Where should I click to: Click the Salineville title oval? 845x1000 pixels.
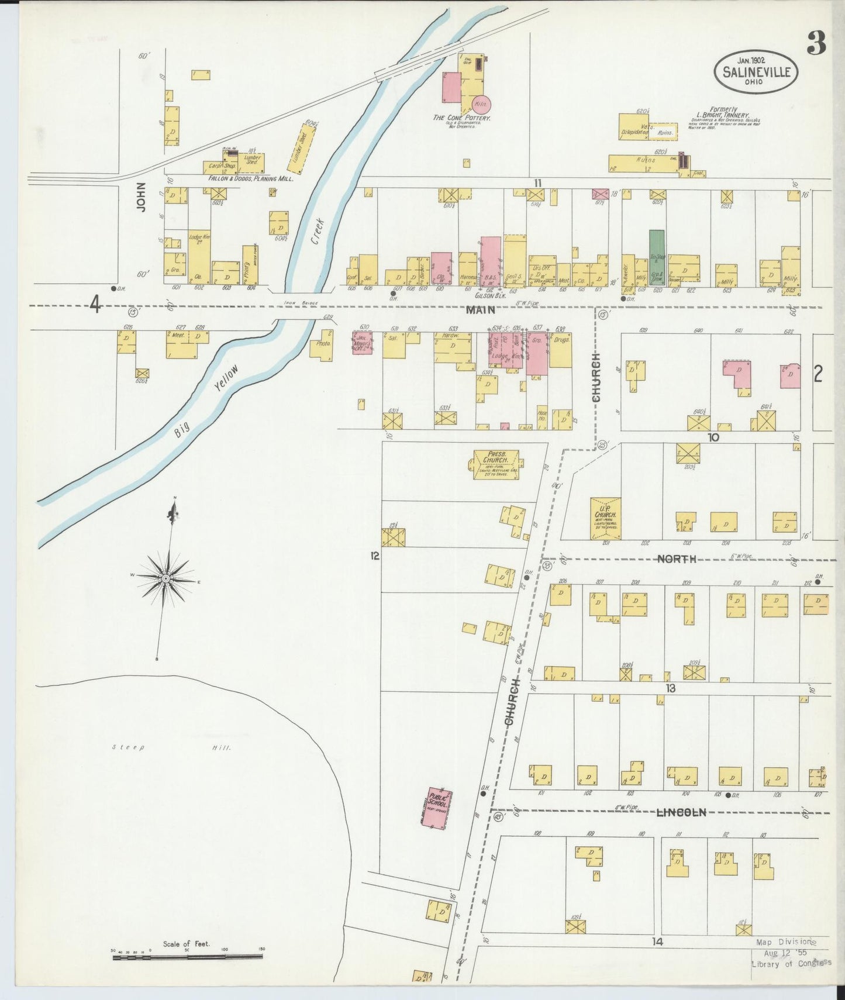pyautogui.click(x=756, y=70)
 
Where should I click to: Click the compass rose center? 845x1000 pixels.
pyautogui.click(x=166, y=578)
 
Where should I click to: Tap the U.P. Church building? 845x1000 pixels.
pyautogui.click(x=605, y=518)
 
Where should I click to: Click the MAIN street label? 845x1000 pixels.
pyautogui.click(x=480, y=311)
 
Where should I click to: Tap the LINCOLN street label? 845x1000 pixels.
pyautogui.click(x=682, y=812)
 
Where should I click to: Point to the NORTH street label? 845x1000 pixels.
pyautogui.click(x=677, y=559)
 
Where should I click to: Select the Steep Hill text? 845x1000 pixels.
pyautogui.click(x=173, y=747)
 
